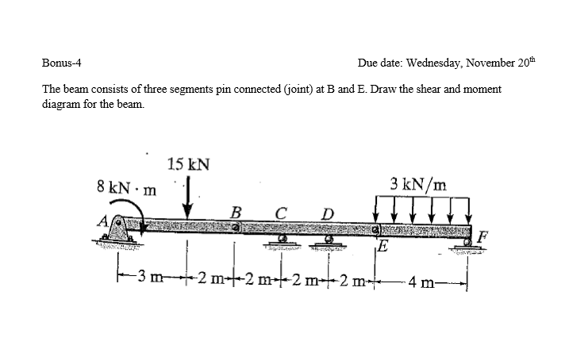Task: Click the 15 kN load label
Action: [189, 165]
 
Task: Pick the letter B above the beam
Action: [235, 212]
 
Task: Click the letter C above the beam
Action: [279, 212]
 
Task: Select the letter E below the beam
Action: [384, 245]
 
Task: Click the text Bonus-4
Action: [61, 61]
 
